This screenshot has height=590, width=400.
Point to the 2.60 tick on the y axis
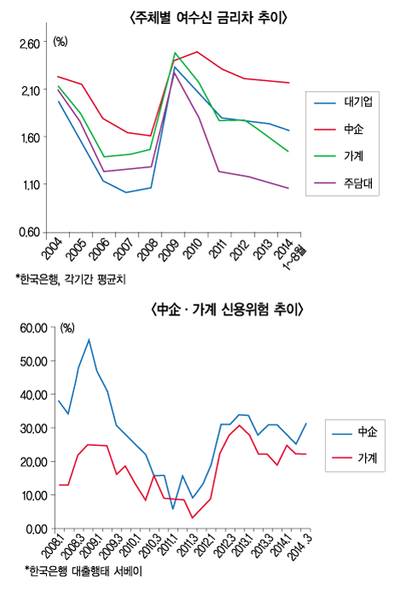point(30,43)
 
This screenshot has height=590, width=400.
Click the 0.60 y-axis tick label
point(30,232)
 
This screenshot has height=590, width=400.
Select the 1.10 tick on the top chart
point(30,185)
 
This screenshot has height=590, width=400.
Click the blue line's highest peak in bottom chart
point(89,339)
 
